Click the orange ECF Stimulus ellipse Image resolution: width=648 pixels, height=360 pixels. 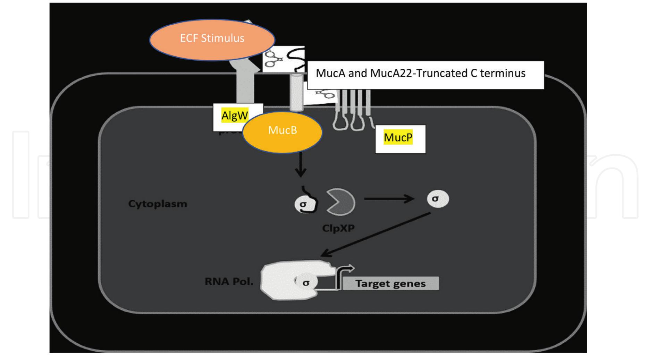pyautogui.click(x=212, y=40)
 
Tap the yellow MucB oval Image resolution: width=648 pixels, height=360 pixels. pyautogui.click(x=282, y=132)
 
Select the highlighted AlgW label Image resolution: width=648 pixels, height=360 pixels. pyautogui.click(x=235, y=115)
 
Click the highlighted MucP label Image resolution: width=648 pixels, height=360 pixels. pyautogui.click(x=398, y=138)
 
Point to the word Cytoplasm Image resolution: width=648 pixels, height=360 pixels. pyautogui.click(x=158, y=204)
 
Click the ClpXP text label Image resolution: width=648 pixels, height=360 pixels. pyautogui.click(x=338, y=229)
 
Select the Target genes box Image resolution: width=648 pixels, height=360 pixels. pyautogui.click(x=390, y=283)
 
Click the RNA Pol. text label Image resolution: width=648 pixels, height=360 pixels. pyautogui.click(x=229, y=281)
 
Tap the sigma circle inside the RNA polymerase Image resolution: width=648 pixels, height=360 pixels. pyautogui.click(x=305, y=283)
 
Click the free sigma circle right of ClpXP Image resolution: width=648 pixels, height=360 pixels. pyautogui.click(x=437, y=199)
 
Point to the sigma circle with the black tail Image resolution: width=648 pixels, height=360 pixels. pyautogui.click(x=303, y=204)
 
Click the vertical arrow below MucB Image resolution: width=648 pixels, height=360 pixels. pyautogui.click(x=301, y=164)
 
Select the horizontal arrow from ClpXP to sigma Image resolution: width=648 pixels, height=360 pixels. pyautogui.click(x=389, y=199)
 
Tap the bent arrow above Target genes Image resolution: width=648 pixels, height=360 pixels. pyautogui.click(x=344, y=274)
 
